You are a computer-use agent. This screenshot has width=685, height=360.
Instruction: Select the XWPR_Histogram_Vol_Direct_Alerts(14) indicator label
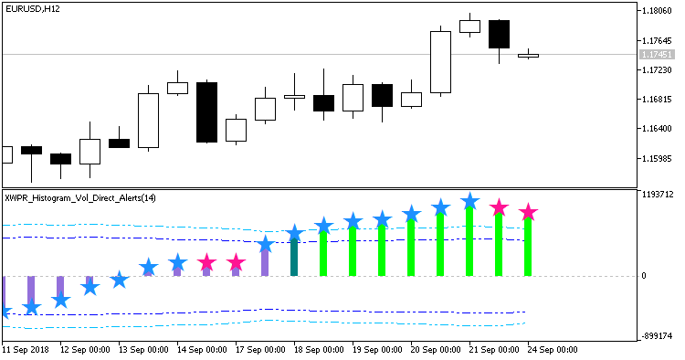(80, 198)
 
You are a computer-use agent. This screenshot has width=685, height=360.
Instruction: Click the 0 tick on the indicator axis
(644, 276)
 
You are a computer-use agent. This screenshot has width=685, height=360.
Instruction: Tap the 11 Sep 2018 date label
(28, 350)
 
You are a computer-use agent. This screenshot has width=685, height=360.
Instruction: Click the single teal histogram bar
(294, 258)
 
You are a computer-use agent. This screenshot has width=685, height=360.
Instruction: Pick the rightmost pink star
(528, 213)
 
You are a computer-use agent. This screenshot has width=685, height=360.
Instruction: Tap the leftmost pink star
(206, 263)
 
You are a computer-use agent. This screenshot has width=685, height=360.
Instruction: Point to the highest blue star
(469, 201)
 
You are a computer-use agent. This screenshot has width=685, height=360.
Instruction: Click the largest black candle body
(206, 111)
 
